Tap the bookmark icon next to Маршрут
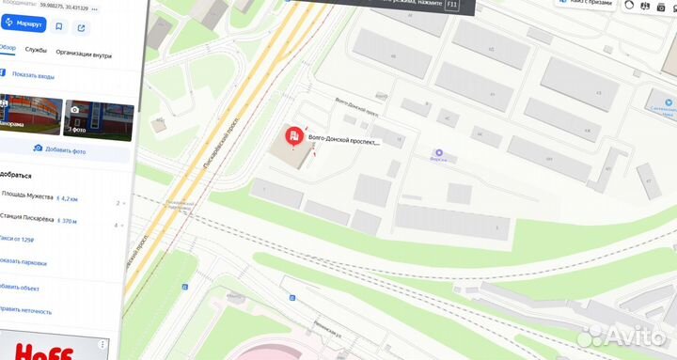coord(60,27)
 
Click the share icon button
coord(82,27)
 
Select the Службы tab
coord(36,50)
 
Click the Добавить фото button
coord(66,149)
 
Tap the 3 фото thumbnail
coord(98,119)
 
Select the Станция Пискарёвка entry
coord(31,222)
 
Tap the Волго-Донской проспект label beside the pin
coord(343,142)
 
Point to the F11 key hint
coord(451,5)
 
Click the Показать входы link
coord(34,74)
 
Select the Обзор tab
coord(8,50)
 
